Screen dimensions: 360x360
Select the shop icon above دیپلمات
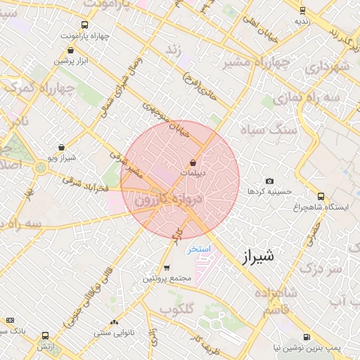point(193,162)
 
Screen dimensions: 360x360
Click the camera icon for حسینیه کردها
point(270,181)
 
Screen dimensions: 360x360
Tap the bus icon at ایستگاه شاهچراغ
point(321,196)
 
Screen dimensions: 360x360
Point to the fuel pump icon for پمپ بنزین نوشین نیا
point(307,337)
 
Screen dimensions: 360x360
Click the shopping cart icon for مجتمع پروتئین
point(166,268)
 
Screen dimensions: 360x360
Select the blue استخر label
point(198,250)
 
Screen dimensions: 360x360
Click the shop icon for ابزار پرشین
point(70,51)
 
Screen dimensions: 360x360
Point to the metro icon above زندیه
point(302,11)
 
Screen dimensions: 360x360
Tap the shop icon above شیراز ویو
point(61,148)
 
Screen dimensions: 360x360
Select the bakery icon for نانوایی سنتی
point(114,322)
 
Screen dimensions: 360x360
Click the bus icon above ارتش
point(46,336)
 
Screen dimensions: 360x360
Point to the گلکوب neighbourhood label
point(176,309)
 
